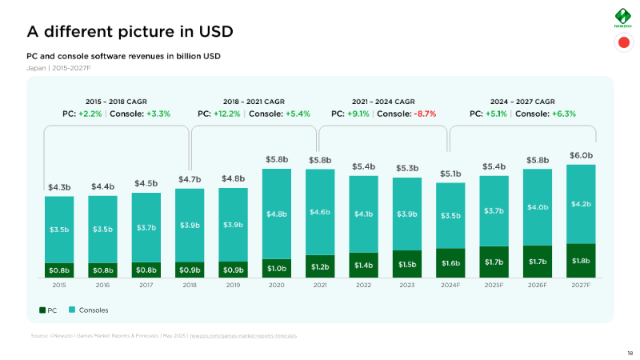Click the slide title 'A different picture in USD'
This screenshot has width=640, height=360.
tap(130, 31)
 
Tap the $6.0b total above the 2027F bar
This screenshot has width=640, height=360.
tap(581, 155)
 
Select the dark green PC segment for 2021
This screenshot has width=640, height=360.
tap(320, 266)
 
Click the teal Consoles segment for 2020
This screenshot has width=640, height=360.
tap(277, 214)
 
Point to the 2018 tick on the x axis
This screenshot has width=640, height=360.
tap(190, 285)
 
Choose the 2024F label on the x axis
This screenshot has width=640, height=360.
tap(450, 285)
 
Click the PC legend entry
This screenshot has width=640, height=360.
tap(47, 310)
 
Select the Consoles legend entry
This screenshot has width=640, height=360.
tap(87, 310)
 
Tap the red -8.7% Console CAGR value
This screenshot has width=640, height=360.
tap(425, 114)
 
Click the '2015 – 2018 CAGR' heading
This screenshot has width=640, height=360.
tap(117, 102)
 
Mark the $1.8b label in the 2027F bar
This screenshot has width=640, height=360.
tap(581, 260)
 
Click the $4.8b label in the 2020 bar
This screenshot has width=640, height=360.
tap(277, 214)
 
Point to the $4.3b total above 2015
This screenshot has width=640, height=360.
tap(59, 187)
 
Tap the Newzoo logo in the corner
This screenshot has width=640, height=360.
tap(623, 18)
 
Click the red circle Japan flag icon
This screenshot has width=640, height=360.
tap(623, 43)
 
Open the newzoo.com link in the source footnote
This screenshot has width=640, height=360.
tap(243, 335)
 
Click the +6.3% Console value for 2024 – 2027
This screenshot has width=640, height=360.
tap(563, 114)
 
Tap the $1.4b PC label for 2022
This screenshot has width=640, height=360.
tap(363, 264)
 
